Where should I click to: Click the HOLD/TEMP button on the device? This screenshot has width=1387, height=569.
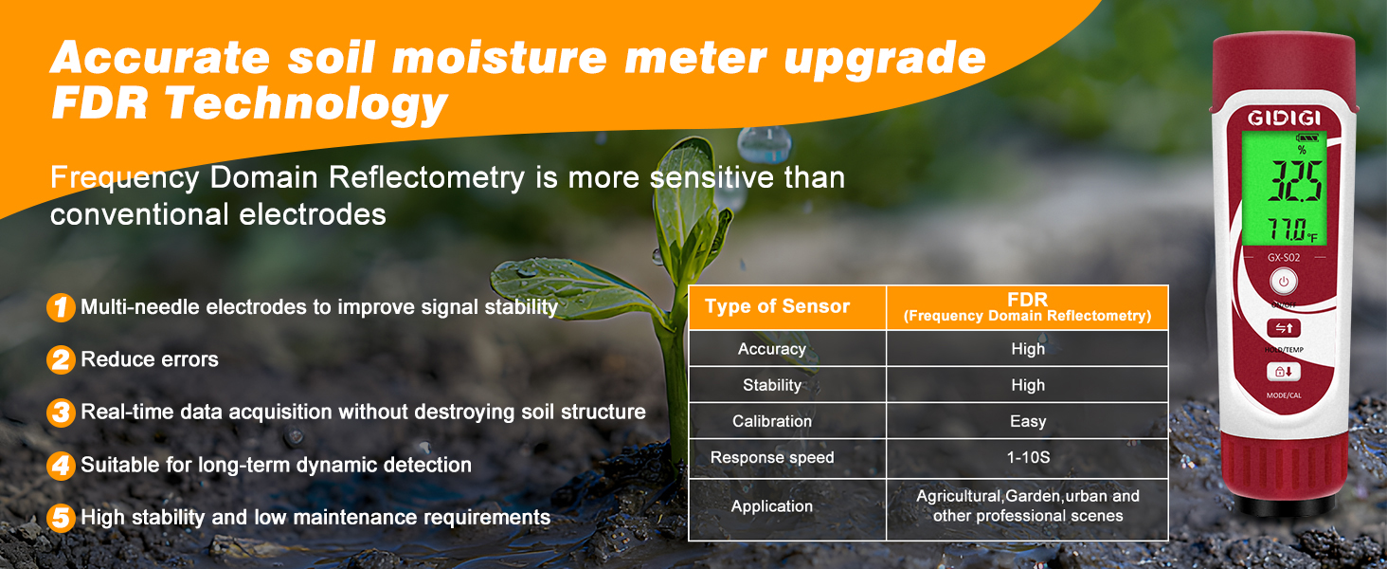pos(1284,328)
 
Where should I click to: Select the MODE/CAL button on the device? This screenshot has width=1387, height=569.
pos(1284,372)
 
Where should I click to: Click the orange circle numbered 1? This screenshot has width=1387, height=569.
pos(61,307)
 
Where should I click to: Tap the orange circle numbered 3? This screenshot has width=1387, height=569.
pos(61,413)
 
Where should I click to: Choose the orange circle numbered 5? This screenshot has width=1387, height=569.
pos(61,518)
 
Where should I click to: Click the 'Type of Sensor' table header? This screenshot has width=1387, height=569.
pos(778,306)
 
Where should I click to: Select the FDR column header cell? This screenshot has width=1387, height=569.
pos(1027,307)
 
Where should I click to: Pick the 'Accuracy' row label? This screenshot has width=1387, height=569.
pos(771,349)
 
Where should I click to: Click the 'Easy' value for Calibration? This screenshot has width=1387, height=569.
pos(1027,421)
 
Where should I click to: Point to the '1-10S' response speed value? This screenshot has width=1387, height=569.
pos(1027,457)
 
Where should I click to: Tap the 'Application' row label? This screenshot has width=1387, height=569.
pos(771,506)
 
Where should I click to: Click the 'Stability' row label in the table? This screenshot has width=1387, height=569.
pos(771,385)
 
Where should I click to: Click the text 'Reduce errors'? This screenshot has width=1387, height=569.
pos(150,359)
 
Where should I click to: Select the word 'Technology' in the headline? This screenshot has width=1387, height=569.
pos(306,103)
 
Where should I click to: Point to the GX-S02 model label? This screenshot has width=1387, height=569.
pos(1284,256)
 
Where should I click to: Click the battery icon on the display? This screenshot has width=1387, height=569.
pos(1306,138)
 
